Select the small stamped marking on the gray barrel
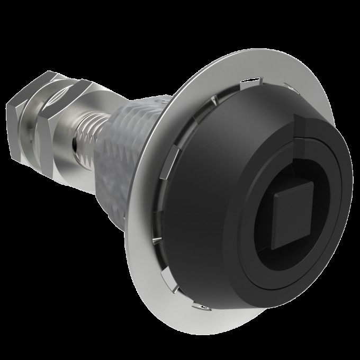[157, 99]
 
